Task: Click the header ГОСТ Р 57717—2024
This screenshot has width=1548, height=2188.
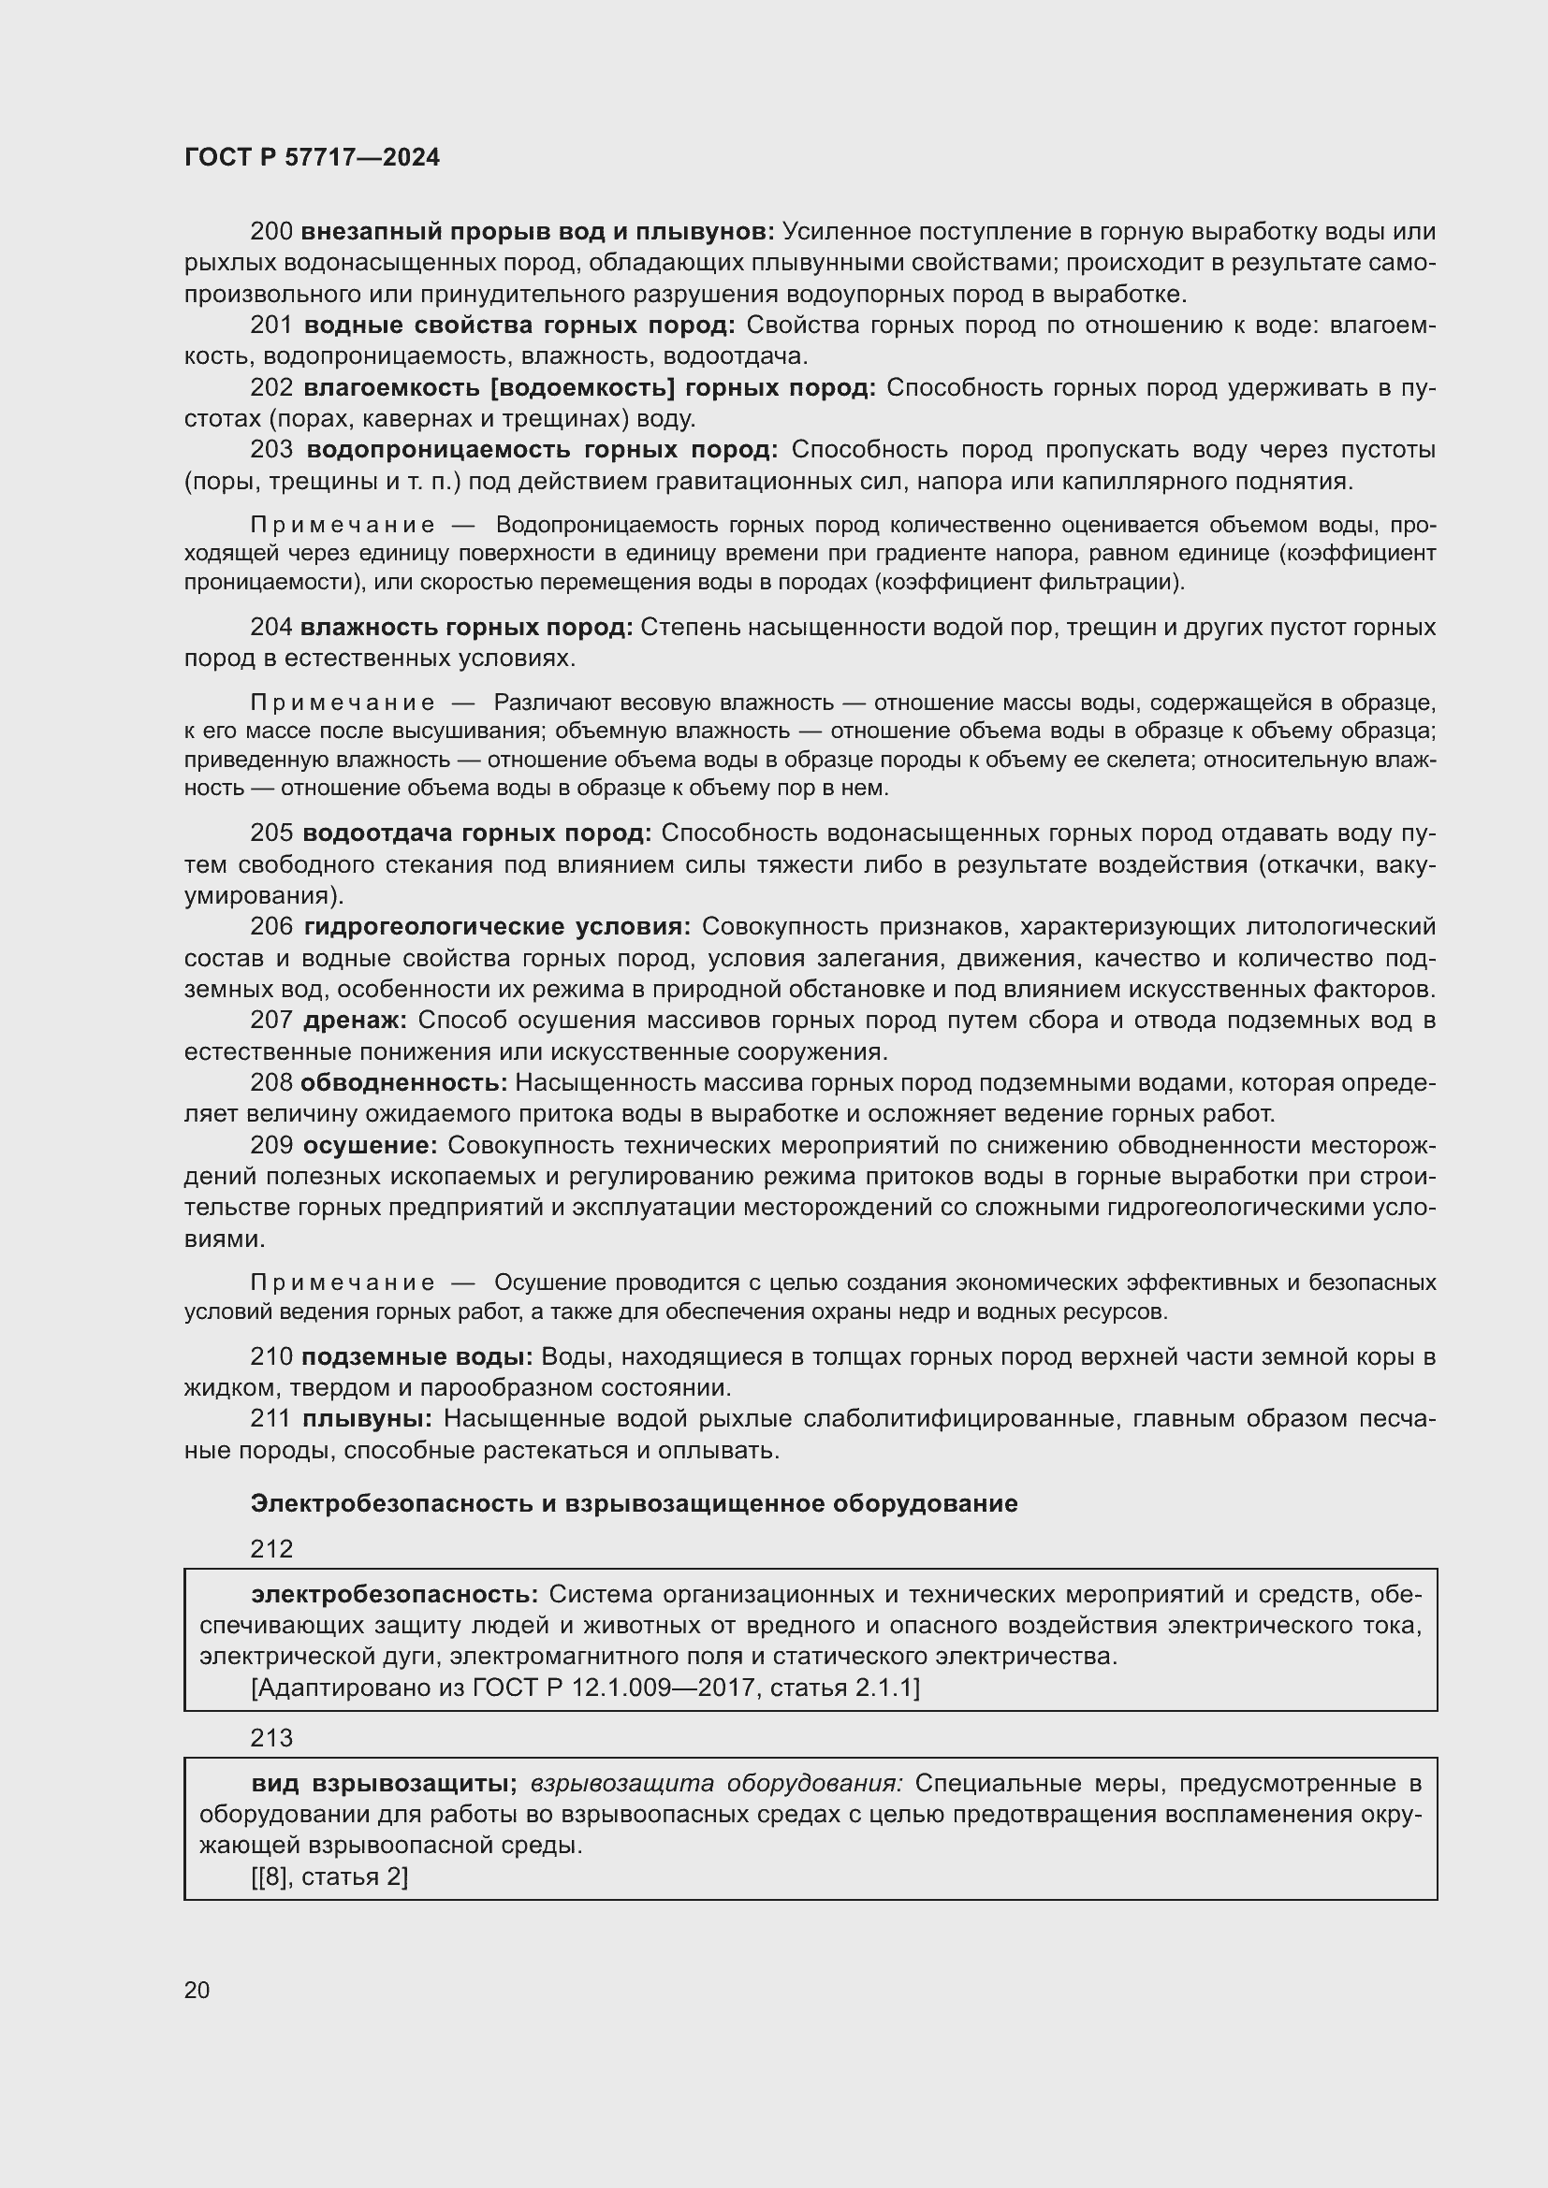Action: pyautogui.click(x=312, y=157)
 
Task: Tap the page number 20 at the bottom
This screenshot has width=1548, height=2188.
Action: pyautogui.click(x=197, y=1990)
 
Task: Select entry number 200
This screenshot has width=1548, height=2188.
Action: pyautogui.click(x=270, y=232)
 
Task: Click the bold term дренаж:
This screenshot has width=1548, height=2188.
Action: pyautogui.click(x=355, y=1021)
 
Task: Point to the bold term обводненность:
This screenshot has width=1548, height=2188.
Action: pyautogui.click(x=403, y=1082)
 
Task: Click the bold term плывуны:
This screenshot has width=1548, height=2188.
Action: pyautogui.click(x=367, y=1419)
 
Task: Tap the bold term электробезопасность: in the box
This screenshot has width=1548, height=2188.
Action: pyautogui.click(x=395, y=1594)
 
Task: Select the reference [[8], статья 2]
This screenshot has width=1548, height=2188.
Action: pyautogui.click(x=329, y=1876)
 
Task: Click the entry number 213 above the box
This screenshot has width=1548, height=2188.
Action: pyautogui.click(x=271, y=1738)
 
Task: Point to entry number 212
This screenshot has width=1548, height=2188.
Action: pyautogui.click(x=271, y=1548)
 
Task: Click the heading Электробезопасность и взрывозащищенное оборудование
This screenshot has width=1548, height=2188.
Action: pyautogui.click(x=634, y=1503)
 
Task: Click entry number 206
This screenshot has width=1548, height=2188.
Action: pyautogui.click(x=270, y=927)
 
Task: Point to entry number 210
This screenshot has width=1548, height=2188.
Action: pyautogui.click(x=270, y=1357)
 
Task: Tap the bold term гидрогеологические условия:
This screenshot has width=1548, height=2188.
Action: pyautogui.click(x=498, y=927)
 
